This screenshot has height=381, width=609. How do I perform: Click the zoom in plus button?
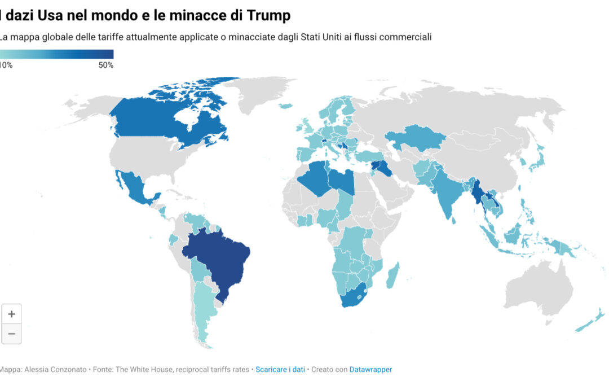tap(11, 314)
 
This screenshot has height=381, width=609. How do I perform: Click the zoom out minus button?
tap(11, 334)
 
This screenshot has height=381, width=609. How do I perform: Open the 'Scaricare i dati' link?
tap(280, 369)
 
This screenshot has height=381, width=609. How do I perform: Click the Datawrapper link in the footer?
tap(370, 369)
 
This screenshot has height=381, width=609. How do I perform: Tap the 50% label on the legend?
tap(105, 65)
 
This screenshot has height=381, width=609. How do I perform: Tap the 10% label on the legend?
tap(6, 65)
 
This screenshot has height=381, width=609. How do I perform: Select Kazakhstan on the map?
tap(414, 141)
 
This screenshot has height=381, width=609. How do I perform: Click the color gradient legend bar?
tap(56, 54)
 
